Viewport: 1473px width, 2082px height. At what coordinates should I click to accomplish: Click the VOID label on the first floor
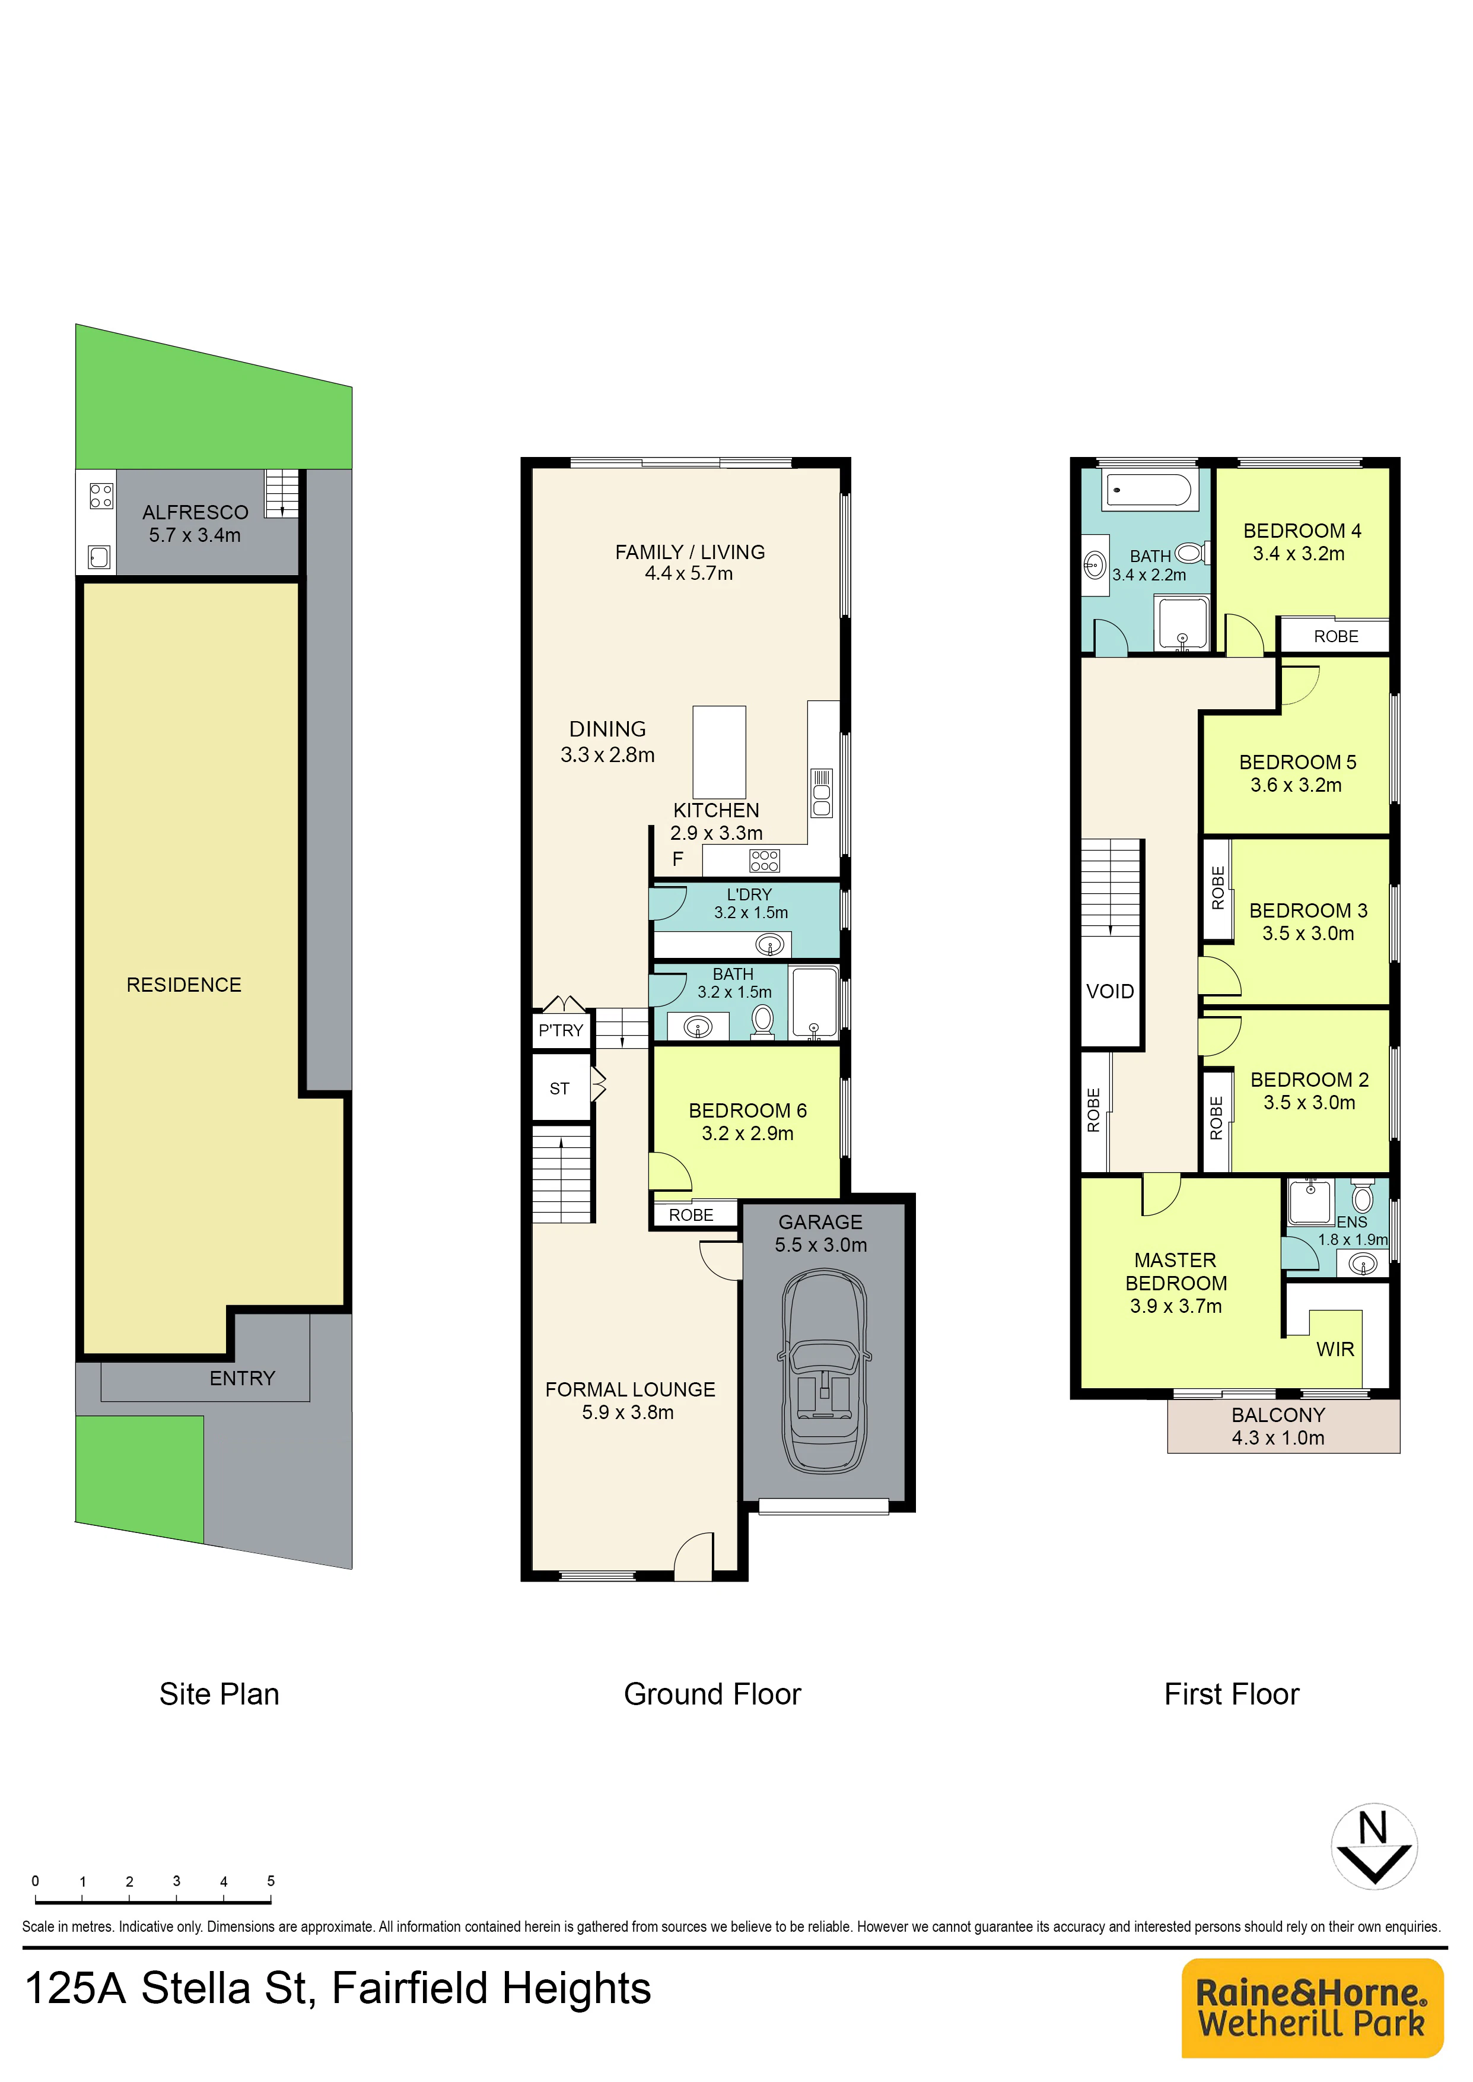pos(1110,992)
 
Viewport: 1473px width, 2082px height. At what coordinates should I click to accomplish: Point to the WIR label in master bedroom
pos(1335,1349)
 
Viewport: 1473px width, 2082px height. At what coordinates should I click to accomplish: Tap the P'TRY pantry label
pos(561,1030)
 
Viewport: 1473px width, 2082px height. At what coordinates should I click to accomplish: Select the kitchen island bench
pos(719,752)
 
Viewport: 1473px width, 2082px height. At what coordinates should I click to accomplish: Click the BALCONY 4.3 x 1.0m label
pos(1278,1426)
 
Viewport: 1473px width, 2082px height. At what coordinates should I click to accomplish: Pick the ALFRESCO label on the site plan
pos(195,513)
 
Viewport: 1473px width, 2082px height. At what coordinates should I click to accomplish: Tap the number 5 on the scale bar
pos(271,1881)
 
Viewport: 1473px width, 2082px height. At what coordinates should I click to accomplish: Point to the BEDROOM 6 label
pos(747,1110)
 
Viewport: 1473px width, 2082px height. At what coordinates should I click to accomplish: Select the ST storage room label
pos(559,1088)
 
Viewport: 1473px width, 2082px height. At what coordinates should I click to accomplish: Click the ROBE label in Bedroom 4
pos(1336,637)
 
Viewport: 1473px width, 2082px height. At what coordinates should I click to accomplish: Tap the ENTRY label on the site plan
pos(242,1379)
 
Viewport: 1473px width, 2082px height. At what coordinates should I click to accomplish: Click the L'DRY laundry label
pos(749,894)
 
